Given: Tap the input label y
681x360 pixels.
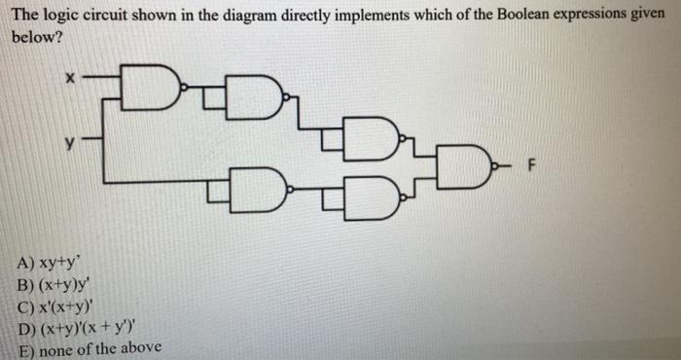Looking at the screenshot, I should click(x=69, y=143).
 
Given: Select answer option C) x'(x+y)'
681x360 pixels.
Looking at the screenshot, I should click(x=60, y=305).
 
